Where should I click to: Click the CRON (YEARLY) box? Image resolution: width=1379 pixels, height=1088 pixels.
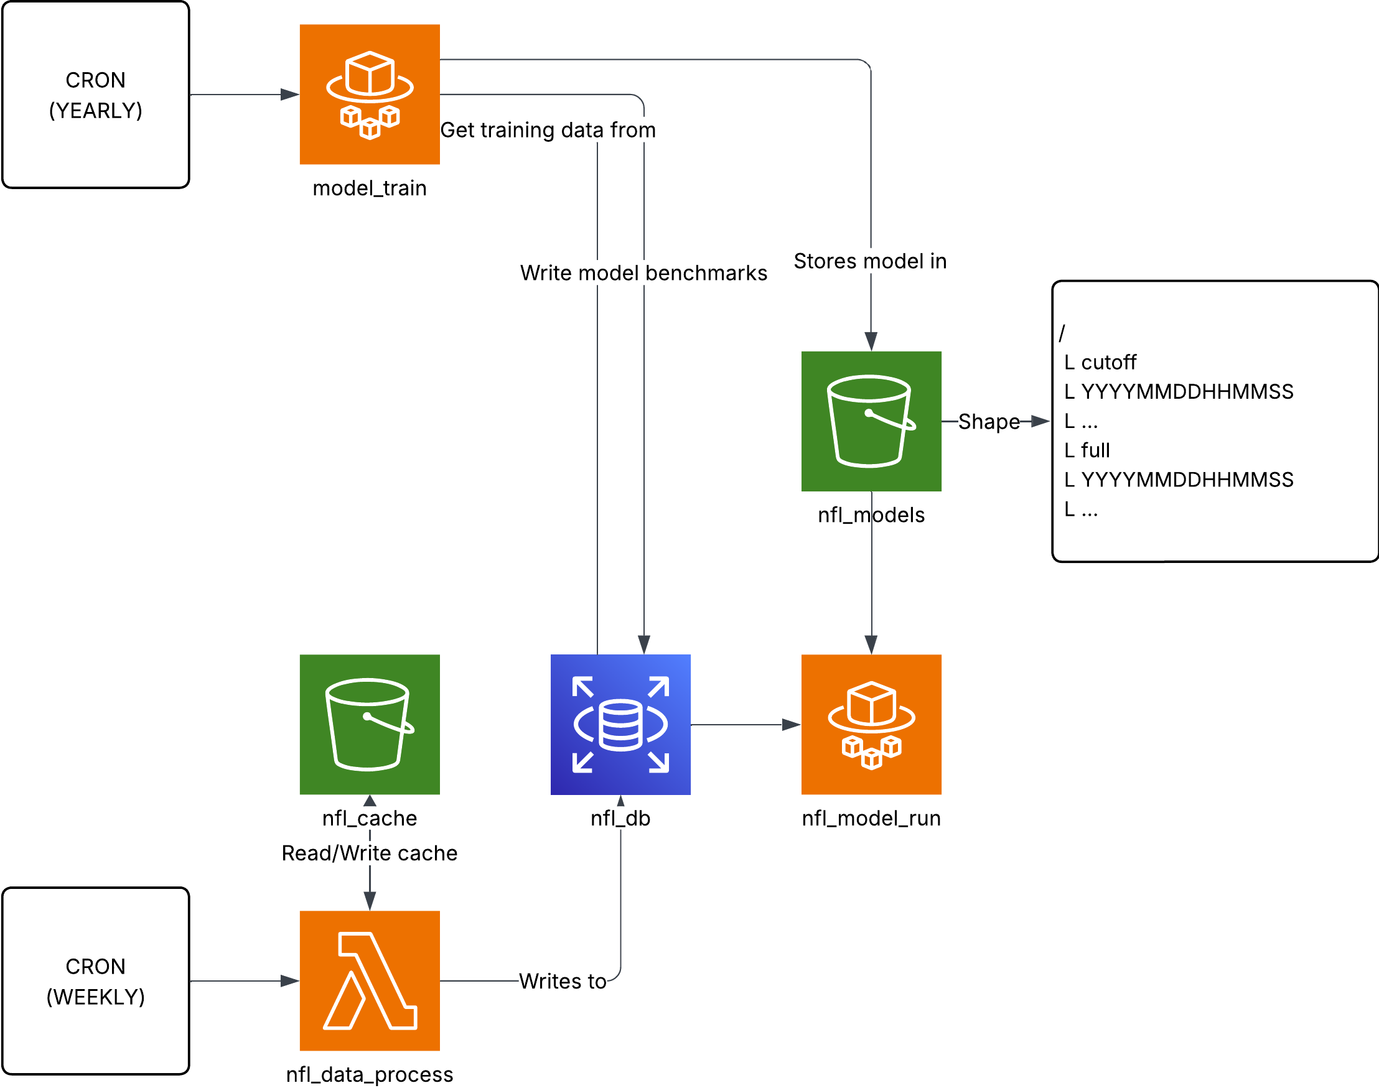pos(96,95)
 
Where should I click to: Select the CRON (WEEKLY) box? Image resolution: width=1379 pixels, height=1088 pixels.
pos(96,981)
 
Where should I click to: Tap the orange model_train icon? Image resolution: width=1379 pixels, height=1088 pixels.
pos(370,95)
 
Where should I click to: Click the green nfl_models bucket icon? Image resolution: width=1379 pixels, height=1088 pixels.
pos(871,421)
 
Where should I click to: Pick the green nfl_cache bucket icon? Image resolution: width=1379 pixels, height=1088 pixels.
pos(370,724)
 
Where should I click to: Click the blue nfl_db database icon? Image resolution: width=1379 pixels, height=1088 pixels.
pos(620,724)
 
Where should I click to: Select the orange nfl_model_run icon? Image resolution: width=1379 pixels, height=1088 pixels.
pos(871,724)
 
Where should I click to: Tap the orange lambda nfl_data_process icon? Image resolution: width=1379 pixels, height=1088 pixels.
pos(370,981)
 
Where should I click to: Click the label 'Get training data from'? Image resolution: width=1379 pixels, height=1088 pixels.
pos(548,130)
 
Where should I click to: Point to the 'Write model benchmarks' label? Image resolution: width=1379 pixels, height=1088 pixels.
pos(643,272)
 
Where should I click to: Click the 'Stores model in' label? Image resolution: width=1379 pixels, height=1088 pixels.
pos(870,261)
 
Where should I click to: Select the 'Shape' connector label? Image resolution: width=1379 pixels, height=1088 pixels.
pos(988,422)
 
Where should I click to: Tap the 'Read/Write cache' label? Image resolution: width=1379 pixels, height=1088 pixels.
pos(370,853)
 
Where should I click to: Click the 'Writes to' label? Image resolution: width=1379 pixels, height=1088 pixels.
pos(562,981)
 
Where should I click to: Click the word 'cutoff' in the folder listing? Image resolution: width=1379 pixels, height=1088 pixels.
pos(1108,363)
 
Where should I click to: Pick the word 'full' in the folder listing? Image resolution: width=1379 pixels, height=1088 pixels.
pos(1095,450)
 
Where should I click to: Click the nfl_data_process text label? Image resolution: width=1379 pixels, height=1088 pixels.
pos(370,1074)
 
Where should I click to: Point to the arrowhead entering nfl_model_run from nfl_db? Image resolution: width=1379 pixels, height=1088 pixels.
pos(792,725)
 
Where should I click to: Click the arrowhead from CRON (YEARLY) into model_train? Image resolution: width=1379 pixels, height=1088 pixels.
pos(290,95)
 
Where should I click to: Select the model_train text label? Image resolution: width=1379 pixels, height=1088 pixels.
pos(370,188)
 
